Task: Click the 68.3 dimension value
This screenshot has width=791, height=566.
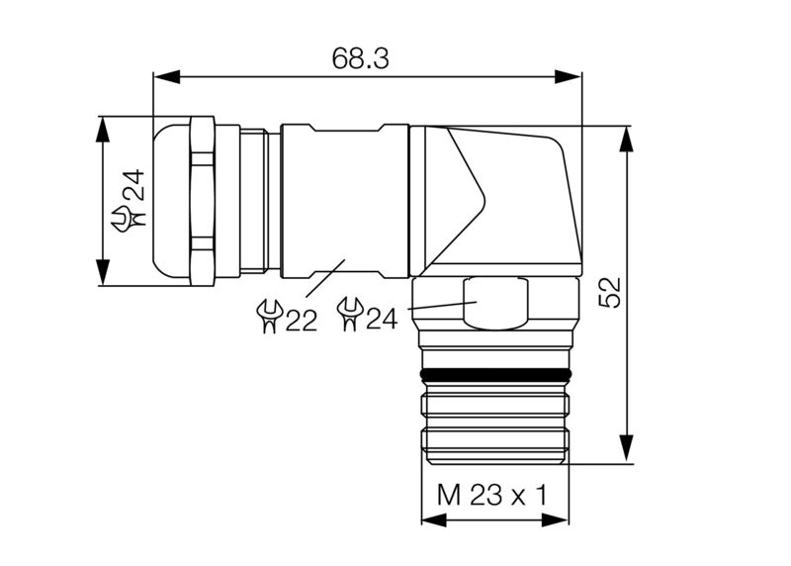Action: point(360,57)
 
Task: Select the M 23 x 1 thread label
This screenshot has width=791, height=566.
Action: point(492,494)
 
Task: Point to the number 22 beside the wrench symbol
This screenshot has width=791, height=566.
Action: point(302,321)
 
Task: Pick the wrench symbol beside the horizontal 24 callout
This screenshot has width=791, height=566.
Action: point(348,316)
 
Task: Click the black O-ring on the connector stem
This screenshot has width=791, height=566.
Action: point(495,375)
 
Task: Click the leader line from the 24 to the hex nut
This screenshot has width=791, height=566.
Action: point(435,308)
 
